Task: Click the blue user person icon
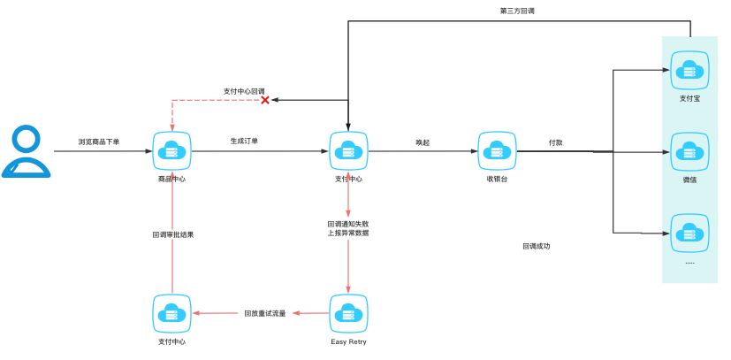coord(27,152)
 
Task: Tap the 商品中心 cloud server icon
coord(171,151)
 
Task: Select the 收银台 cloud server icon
coord(496,151)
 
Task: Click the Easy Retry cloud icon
coord(348,313)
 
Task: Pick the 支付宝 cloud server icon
coord(689,70)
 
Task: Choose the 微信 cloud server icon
coord(689,151)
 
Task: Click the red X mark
coord(264,100)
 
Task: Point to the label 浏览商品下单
coord(99,142)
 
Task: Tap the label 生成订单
coord(244,141)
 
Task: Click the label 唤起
coord(423,142)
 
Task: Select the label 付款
coord(555,142)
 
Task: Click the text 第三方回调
coord(517,11)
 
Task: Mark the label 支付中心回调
coord(244,90)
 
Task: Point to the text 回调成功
coord(536,246)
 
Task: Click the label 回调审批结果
coord(172,235)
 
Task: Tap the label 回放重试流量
coord(265,313)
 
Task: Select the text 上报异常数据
coord(347,234)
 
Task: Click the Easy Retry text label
coord(348,341)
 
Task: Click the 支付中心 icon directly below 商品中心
coord(171,313)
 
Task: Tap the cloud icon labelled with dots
coord(689,233)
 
